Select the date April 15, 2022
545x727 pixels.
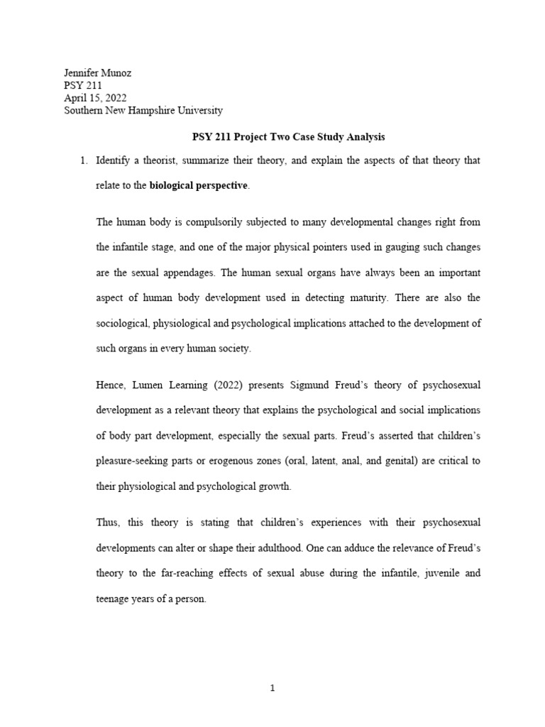click(x=96, y=97)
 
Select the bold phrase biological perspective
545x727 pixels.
click(x=199, y=186)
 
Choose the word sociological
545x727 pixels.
click(x=122, y=324)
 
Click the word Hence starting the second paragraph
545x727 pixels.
click(x=111, y=386)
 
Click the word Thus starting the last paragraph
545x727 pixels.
click(x=109, y=523)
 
